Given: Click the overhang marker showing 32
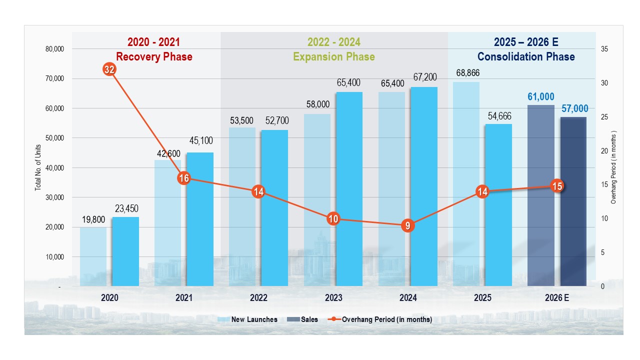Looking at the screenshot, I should tap(109, 69).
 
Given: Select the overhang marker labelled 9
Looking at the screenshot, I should tap(408, 225).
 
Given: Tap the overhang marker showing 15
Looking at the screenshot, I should tap(557, 186).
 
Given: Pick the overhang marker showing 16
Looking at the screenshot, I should tap(184, 178).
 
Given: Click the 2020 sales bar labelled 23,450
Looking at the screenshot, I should tap(125, 251).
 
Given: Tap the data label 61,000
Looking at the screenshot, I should tap(540, 97).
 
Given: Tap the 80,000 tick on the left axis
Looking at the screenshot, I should tap(54, 49).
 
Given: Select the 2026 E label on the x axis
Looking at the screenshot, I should tap(557, 298).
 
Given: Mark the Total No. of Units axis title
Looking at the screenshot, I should tap(38, 167).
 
